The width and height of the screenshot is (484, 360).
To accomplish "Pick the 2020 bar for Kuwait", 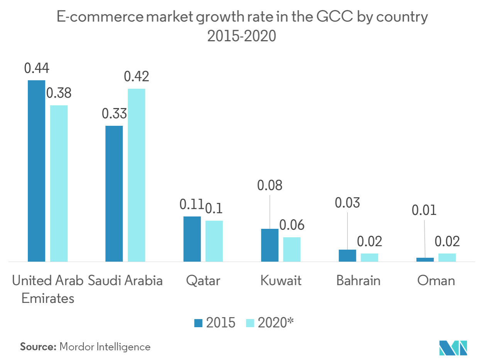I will (x=291, y=249).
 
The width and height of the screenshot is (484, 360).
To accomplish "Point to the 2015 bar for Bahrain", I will (x=347, y=255).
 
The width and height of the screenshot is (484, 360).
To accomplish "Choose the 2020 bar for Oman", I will (x=447, y=257).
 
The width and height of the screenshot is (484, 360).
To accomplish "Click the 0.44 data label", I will (x=37, y=68).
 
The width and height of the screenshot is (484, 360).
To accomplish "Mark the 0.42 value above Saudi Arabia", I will (x=137, y=77).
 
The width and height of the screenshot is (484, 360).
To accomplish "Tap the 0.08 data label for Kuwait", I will (x=270, y=185).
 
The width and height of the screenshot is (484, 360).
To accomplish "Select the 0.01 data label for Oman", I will (x=424, y=210).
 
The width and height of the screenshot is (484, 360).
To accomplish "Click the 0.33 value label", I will (x=114, y=114).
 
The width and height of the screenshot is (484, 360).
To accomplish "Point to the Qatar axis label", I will (x=203, y=281).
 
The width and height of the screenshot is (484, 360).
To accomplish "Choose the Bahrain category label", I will (x=358, y=281).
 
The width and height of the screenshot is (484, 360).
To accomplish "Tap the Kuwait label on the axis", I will (x=281, y=281).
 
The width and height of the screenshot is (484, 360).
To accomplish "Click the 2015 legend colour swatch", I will (x=198, y=323).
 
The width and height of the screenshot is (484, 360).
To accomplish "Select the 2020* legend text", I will (x=276, y=323).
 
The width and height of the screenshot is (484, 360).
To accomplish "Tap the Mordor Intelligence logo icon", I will (x=453, y=347).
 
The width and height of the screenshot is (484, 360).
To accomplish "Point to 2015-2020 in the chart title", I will (x=242, y=36).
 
